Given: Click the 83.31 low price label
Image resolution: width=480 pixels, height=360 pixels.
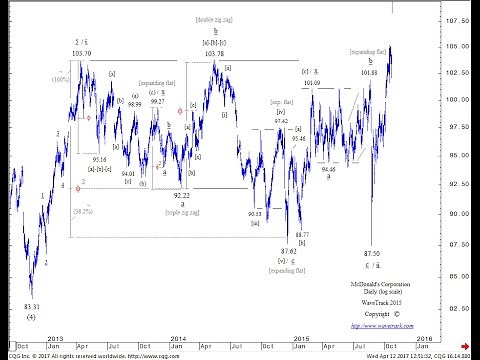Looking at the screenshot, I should coord(32,306).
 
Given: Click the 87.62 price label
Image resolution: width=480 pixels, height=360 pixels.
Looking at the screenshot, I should coord(288,250).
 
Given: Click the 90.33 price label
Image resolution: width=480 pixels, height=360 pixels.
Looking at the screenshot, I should coord(256,213).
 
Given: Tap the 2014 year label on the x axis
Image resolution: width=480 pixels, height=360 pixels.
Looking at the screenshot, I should coord(177,339).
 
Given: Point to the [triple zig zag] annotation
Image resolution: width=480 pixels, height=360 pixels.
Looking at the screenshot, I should coord(180,214).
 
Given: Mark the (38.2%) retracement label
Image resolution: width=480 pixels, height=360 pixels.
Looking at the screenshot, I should coord(82,211).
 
